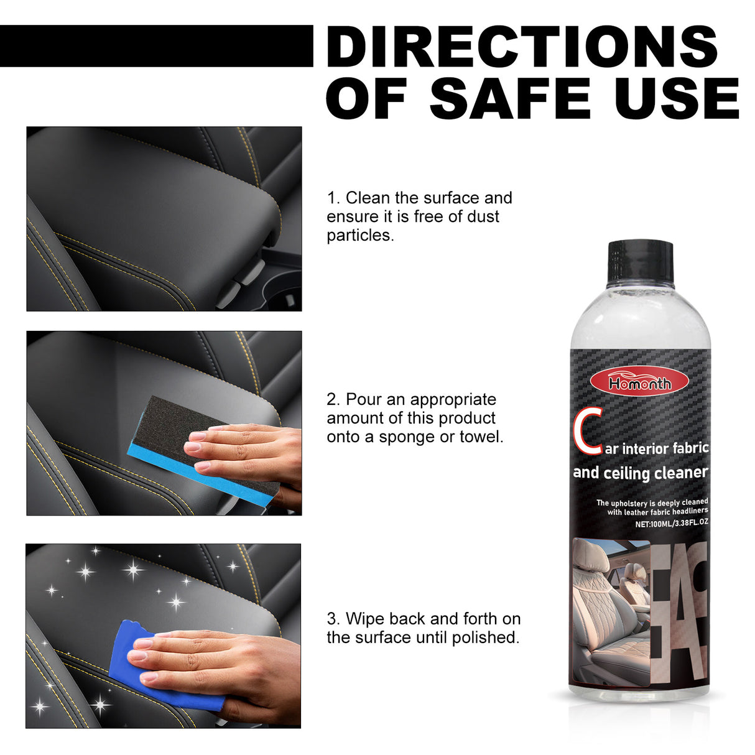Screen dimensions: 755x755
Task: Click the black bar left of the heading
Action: [155, 46]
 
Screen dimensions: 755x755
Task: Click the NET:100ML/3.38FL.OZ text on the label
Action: [671, 524]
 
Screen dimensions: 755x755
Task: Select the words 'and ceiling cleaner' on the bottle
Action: [640, 473]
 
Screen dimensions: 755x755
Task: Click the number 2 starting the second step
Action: [331, 399]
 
